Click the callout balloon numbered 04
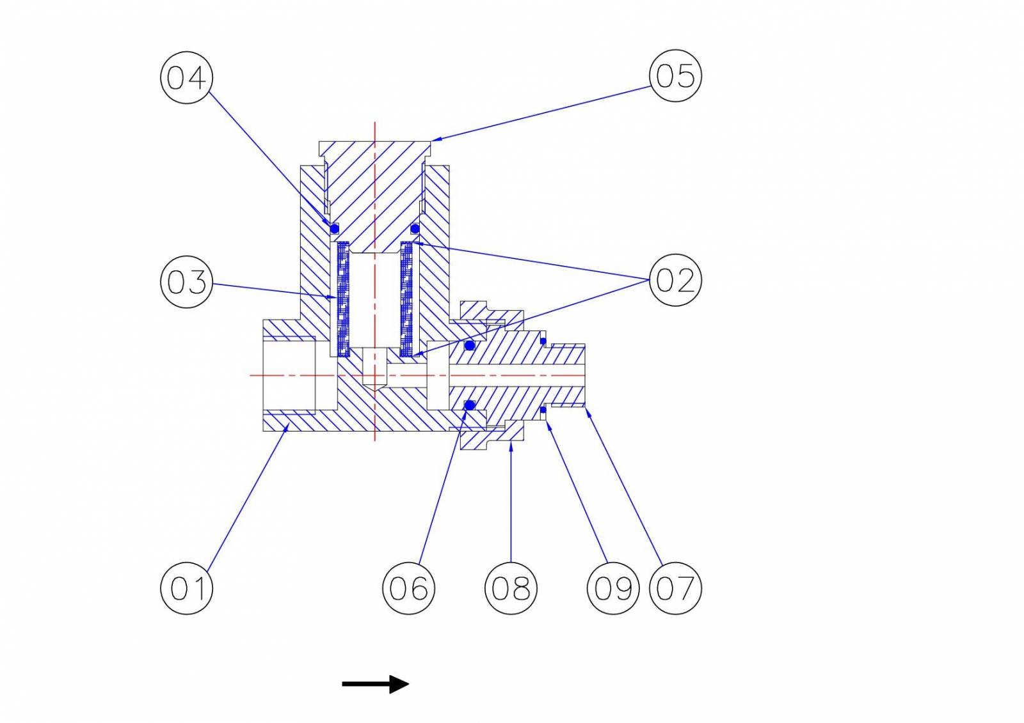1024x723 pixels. [186, 77]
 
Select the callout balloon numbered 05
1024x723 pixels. [675, 76]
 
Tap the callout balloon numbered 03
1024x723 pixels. [186, 282]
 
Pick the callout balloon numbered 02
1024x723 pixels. [675, 280]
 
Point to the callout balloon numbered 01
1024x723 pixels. [186, 588]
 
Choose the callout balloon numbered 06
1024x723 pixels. [409, 588]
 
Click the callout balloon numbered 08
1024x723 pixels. [511, 588]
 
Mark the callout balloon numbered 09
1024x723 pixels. [613, 588]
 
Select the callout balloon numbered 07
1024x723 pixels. [675, 588]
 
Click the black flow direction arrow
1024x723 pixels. [375, 684]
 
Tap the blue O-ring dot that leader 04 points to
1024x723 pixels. [334, 228]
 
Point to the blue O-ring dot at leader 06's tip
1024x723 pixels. [470, 405]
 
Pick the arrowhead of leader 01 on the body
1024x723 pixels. [287, 428]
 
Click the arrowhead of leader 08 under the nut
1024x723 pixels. [511, 446]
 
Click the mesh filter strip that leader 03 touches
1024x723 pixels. [343, 299]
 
